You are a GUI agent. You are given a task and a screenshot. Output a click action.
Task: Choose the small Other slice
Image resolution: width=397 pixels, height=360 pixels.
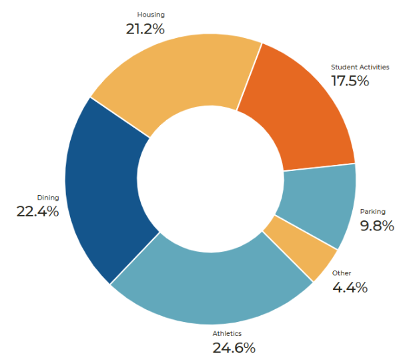point(304,250)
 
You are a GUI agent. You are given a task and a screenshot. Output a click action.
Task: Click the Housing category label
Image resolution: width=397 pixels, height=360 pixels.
point(151,14)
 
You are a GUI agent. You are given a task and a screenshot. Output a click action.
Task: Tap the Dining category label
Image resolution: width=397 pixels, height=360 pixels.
point(47,197)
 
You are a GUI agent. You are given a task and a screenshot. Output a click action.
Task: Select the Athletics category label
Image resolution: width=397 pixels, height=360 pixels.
point(227,333)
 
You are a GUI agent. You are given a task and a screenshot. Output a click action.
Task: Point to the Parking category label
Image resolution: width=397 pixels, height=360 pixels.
point(372,212)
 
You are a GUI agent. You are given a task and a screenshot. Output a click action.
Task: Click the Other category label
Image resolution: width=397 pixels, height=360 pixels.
point(342,273)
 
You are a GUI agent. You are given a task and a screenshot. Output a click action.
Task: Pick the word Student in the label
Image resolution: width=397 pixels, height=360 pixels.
point(344,67)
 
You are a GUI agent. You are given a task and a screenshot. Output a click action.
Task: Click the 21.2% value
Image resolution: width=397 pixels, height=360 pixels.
point(145,29)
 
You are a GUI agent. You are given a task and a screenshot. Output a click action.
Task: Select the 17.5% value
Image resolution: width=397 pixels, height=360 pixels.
point(350,81)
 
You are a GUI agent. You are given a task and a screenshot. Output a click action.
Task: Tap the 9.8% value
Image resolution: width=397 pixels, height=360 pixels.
point(377,226)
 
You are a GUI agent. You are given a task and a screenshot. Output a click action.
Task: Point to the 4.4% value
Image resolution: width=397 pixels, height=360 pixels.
point(350,287)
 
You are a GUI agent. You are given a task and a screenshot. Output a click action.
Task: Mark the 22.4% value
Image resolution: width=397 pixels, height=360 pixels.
point(37,212)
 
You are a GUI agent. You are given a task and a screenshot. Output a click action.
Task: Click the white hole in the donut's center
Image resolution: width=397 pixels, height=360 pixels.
point(210,180)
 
